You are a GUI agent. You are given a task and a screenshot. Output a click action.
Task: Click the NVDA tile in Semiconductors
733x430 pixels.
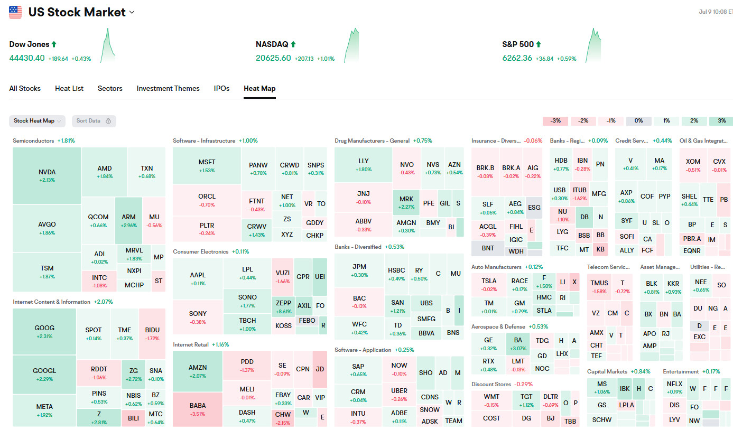pos(47,175)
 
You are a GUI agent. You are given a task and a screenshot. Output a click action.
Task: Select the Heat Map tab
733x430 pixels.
pos(259,88)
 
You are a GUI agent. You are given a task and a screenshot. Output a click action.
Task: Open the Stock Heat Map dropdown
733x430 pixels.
pos(37,121)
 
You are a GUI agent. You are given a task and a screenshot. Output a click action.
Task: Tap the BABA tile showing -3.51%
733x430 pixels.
pos(198,409)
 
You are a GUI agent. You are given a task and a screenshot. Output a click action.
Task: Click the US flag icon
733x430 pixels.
pos(15,12)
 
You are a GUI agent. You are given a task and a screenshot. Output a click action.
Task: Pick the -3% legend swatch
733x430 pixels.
pos(555,121)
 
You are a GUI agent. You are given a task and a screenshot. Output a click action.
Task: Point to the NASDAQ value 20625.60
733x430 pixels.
pos(273,58)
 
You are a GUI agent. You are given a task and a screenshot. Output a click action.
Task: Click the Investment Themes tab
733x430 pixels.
pos(168,88)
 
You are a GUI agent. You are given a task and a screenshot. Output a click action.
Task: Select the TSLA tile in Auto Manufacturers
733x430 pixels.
pos(489,285)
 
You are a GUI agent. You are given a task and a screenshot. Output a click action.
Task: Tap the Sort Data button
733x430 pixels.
pos(94,121)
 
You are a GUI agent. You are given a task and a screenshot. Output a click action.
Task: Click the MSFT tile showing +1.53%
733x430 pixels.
pos(207,165)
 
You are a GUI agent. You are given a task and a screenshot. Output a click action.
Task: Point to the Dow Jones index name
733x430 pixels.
pos(29,44)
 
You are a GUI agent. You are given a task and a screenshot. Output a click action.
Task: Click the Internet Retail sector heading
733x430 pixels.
pos(191,344)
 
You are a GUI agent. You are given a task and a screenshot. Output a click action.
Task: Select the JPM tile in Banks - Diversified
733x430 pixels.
pos(359,270)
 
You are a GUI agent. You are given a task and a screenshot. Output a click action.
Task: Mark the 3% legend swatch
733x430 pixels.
pos(721,121)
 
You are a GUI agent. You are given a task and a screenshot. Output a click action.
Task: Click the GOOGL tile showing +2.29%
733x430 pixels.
pos(44,374)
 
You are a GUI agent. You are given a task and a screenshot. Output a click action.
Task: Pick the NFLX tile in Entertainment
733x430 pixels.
pos(674,388)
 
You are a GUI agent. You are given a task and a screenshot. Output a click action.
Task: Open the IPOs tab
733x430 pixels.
pos(221,88)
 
